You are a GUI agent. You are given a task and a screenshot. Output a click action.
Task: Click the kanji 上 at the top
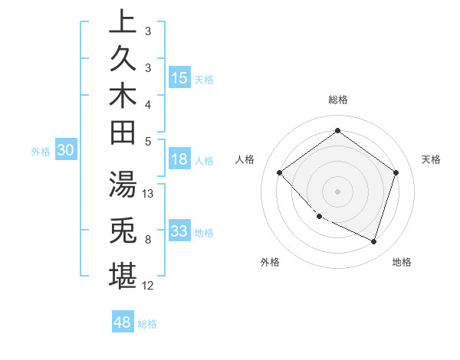123,21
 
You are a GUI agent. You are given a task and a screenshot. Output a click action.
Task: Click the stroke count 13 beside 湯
149,194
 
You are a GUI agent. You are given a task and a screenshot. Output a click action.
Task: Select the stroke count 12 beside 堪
149,286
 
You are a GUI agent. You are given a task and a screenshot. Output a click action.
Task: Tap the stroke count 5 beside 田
148,141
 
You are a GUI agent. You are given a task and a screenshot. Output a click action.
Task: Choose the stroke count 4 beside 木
148,103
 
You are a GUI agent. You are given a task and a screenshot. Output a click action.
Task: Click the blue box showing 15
179,78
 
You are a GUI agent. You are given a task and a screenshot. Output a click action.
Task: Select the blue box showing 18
179,160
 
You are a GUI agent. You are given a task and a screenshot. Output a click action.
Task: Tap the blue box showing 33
179,231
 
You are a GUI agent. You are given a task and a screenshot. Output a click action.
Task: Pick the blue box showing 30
66,151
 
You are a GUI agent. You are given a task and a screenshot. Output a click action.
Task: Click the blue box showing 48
123,322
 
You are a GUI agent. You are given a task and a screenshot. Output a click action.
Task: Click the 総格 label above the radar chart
338,100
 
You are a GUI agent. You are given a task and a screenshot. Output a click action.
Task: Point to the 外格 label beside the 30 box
40,152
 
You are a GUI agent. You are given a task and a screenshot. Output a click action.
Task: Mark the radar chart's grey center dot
337,191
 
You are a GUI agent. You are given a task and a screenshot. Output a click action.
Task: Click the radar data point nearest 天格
396,172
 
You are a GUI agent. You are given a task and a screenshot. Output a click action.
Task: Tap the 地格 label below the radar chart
402,262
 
